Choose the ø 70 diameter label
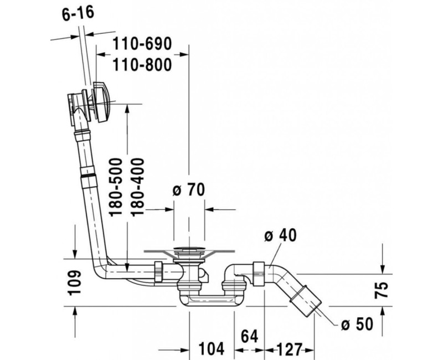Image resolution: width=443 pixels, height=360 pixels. coord(189,190)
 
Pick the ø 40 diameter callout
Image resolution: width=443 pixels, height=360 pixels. coord(280,234)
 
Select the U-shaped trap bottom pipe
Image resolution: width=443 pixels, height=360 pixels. coord(208,301)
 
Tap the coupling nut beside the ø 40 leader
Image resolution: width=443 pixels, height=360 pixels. coord(258,270)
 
